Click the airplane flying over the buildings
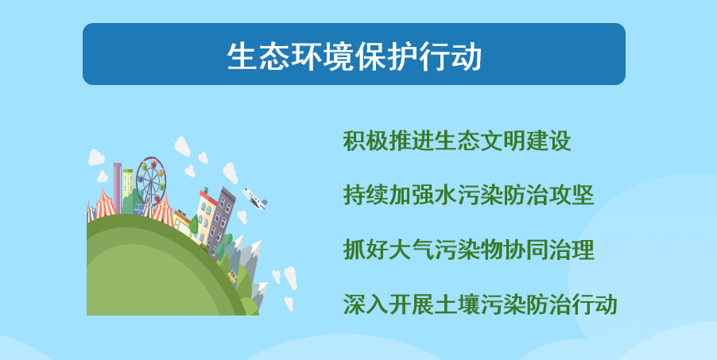click(254, 199)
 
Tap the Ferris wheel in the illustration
click(150, 180)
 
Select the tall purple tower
click(118, 188)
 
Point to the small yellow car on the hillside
click(233, 277)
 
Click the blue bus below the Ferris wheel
click(139, 210)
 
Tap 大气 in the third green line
click(412, 250)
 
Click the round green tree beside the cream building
click(194, 224)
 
